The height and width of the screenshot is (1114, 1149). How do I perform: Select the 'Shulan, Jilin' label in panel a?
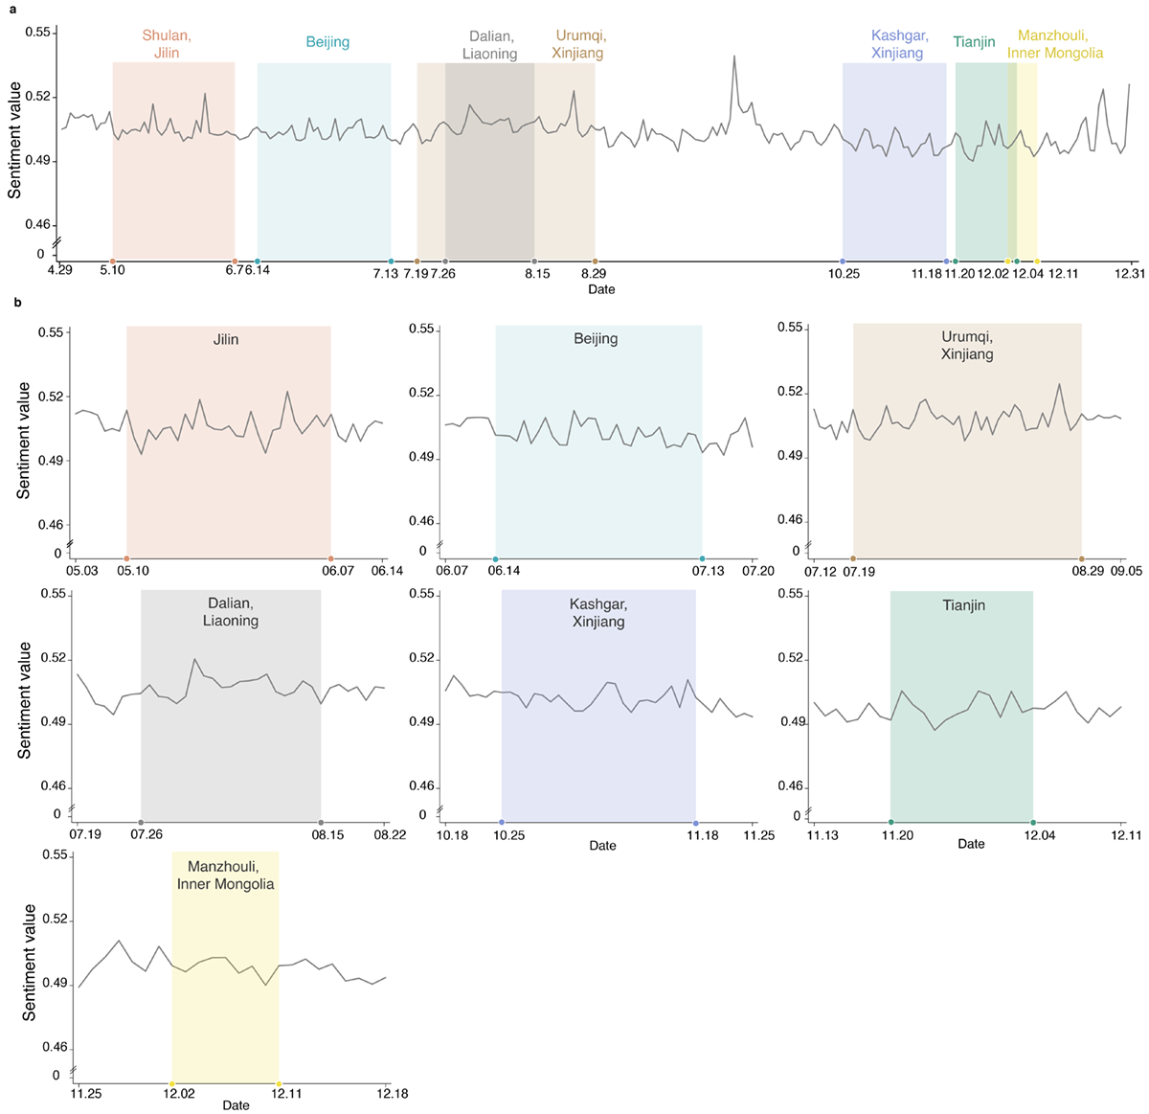tap(167, 44)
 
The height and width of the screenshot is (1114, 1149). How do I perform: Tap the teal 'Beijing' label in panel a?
tap(327, 42)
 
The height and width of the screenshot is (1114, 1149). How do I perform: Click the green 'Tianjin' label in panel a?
tap(974, 42)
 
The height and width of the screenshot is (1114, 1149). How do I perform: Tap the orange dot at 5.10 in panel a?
tap(113, 261)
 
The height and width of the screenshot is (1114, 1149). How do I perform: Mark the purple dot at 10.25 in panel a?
tap(843, 261)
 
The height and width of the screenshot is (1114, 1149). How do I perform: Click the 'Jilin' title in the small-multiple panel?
tap(226, 339)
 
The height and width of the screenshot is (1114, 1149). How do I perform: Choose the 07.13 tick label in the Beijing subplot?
tap(702, 572)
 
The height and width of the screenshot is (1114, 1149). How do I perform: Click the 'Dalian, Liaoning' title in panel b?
tap(233, 612)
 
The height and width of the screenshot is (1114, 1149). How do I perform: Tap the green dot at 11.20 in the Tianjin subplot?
tap(891, 823)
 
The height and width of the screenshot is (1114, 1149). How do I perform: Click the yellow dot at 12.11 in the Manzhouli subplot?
tap(279, 1083)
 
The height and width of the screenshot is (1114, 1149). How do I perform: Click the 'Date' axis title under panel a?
tap(601, 289)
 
